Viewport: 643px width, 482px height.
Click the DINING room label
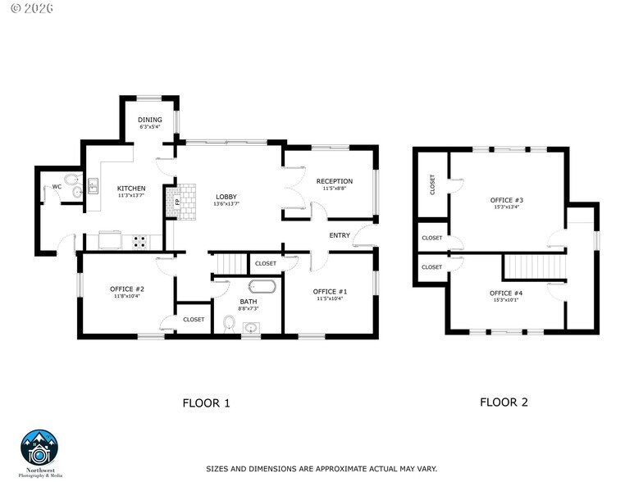(150, 120)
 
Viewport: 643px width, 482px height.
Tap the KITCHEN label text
(131, 188)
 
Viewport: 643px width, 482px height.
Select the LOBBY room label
(226, 197)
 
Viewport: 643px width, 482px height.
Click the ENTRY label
(340, 235)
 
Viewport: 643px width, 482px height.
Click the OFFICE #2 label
(127, 289)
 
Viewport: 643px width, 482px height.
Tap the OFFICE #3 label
(506, 200)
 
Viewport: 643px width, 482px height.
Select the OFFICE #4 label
(506, 293)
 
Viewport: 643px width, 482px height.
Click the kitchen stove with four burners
(139, 241)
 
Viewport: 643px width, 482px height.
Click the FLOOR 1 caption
(206, 402)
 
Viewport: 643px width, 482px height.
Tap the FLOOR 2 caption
(504, 402)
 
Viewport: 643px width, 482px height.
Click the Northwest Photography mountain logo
(39, 449)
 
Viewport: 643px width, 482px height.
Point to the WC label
(57, 187)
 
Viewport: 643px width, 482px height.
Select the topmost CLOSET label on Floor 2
(432, 185)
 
